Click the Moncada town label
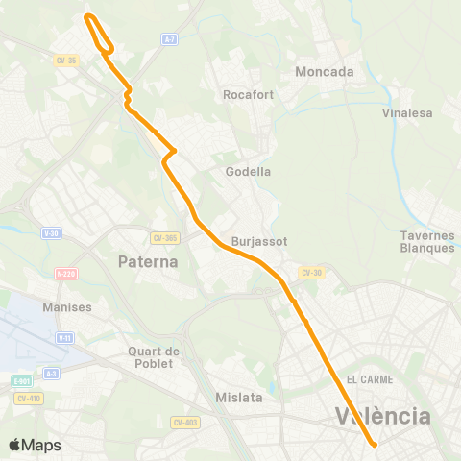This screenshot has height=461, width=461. [x=325, y=72]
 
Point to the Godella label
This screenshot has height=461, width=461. [x=248, y=172]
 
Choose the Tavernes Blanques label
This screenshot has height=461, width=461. [x=427, y=242]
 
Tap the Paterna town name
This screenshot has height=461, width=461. [x=148, y=261]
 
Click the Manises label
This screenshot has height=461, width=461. [x=67, y=307]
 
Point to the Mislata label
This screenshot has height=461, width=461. [x=237, y=397]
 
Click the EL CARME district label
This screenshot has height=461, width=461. [x=371, y=379]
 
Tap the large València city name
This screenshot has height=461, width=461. [x=382, y=416]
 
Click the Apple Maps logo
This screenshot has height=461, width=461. [x=35, y=445]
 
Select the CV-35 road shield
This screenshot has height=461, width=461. [x=65, y=60]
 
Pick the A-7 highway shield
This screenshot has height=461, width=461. [x=169, y=39]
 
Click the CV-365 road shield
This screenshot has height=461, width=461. [x=165, y=238]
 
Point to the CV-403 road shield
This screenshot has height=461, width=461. [x=184, y=422]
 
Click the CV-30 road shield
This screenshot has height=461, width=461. [x=310, y=273]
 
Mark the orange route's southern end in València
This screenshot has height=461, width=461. [x=373, y=443]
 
